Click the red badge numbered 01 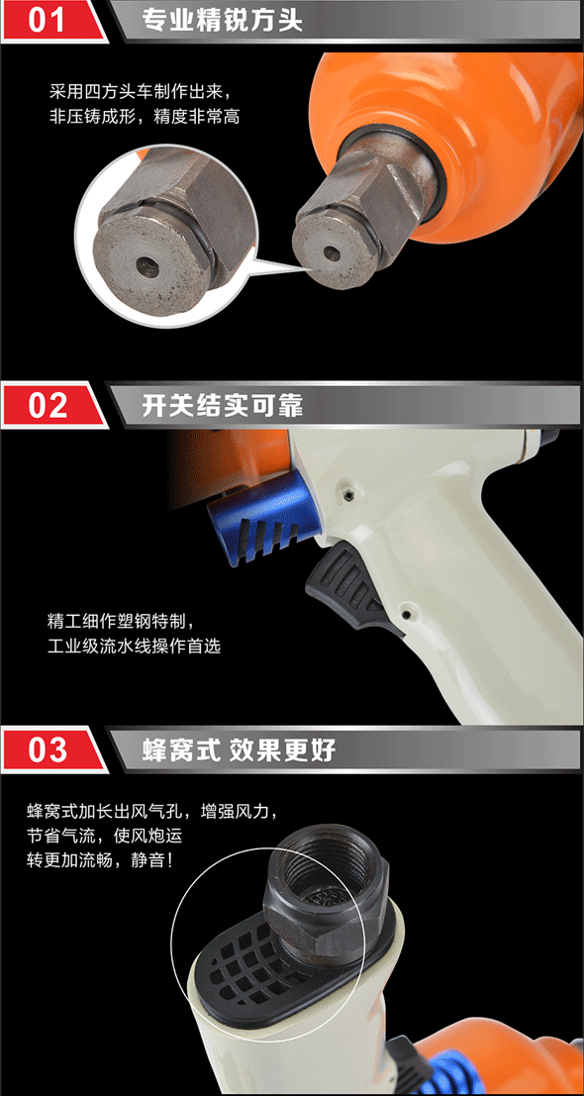coord(53,21)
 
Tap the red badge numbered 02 coord(53,405)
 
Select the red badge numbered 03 coord(53,750)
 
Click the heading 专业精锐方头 coord(222,20)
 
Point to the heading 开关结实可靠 coord(222,405)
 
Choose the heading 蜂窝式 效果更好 coord(239,750)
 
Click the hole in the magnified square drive coord(147,263)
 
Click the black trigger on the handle coord(348,586)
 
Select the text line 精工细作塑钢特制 coord(119,621)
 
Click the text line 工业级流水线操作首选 coord(135,646)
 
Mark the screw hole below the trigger coord(406,614)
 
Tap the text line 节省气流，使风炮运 coord(105,836)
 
